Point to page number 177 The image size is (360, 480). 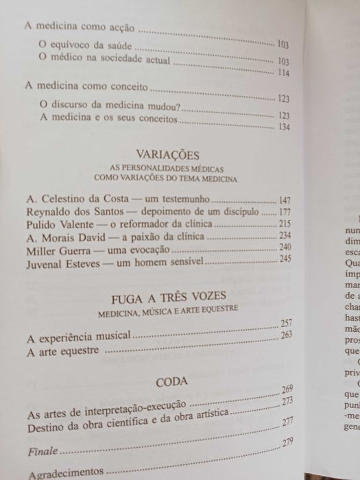[284, 212]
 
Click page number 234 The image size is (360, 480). [284, 236]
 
